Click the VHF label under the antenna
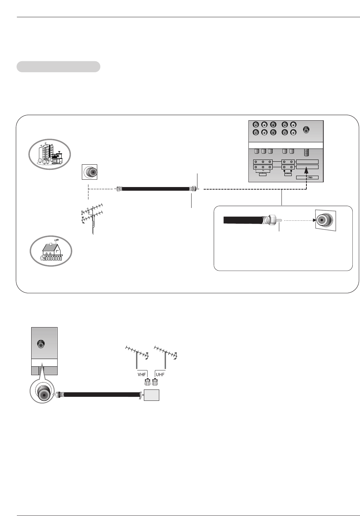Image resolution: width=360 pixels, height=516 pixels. [142, 374]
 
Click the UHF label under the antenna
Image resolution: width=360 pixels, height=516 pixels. [160, 374]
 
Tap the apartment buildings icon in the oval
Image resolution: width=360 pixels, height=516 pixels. [50, 154]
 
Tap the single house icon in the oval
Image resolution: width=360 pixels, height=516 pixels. [51, 251]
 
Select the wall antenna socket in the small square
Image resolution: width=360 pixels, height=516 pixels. [90, 172]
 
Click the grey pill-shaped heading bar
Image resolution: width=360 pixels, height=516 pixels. [58, 67]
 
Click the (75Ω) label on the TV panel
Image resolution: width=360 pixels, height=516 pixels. [307, 178]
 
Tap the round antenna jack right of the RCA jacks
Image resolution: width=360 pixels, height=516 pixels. [306, 130]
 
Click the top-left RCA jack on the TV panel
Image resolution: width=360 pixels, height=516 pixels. [256, 125]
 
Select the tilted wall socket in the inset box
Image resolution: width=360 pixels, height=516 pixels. [326, 220]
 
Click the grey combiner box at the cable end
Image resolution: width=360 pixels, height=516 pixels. [152, 395]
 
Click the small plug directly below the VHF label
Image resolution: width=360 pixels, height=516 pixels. [148, 383]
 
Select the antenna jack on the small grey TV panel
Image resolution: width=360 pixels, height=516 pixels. [41, 344]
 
